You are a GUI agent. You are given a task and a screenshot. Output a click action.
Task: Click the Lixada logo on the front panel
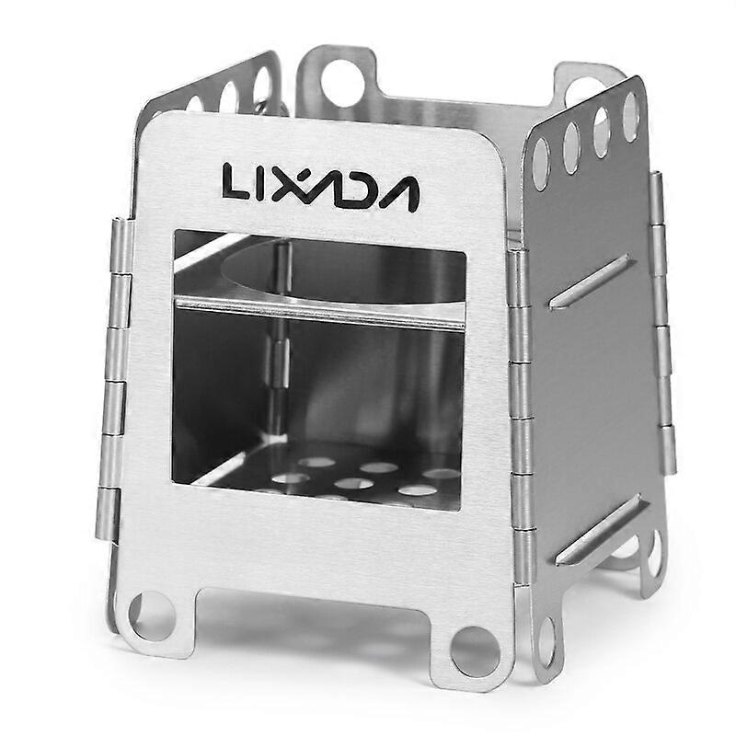pyautogui.click(x=320, y=187)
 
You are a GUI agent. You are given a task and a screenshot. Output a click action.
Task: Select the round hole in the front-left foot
pyautogui.click(x=151, y=615)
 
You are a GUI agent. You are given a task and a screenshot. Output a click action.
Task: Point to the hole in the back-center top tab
pyautogui.click(x=342, y=83)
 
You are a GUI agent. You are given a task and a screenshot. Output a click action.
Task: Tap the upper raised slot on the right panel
pyautogui.click(x=592, y=283)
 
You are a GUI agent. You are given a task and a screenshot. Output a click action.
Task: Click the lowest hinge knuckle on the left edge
pyautogui.click(x=107, y=513)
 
